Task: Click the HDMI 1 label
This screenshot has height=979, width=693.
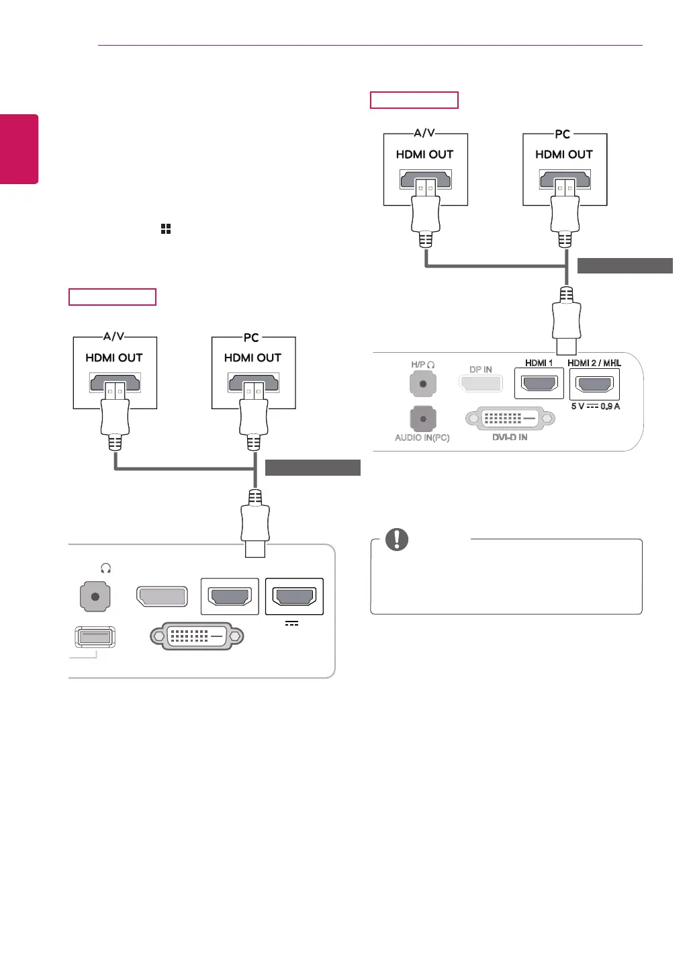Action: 539,363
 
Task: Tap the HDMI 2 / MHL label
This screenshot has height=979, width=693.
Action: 594,363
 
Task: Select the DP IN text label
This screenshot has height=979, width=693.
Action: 481,370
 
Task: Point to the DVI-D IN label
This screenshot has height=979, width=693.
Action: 510,437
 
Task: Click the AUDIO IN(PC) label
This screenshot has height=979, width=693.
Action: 422,437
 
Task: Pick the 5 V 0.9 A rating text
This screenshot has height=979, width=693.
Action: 595,407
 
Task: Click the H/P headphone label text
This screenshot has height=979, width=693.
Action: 422,365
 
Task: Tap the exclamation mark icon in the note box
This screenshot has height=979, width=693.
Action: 397,539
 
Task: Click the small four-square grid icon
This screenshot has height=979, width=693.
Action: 166,229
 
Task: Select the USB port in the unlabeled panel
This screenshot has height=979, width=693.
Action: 95,636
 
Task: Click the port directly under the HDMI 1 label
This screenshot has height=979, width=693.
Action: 539,384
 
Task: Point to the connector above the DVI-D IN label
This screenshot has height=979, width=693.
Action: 510,418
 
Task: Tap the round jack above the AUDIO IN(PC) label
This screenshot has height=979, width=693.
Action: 423,419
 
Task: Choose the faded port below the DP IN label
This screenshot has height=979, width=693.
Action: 481,384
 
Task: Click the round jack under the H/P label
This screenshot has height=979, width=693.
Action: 423,384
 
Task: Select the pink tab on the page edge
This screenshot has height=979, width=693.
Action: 19,148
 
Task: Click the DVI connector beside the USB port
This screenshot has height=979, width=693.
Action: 197,636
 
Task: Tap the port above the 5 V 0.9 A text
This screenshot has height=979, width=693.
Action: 594,384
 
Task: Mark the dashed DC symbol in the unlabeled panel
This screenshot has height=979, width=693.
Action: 291,624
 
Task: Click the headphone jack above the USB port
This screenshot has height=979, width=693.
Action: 95,597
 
